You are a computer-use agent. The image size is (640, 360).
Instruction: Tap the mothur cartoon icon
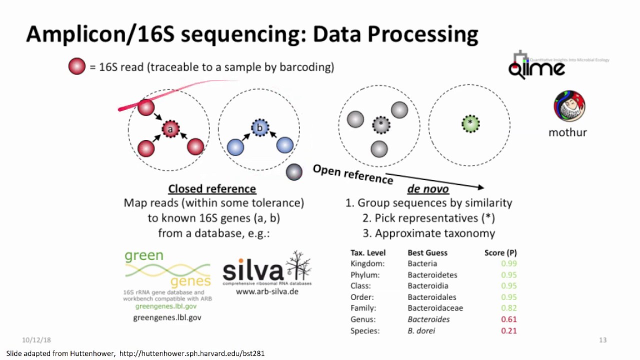(569, 106)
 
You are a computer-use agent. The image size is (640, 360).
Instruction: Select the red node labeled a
(170, 129)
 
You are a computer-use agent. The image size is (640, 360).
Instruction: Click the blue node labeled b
(259, 128)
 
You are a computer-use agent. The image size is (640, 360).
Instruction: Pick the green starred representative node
(470, 122)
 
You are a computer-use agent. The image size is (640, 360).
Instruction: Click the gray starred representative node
(381, 123)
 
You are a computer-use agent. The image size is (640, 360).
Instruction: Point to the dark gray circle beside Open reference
(294, 172)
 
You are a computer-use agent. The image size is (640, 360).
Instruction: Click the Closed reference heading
(212, 189)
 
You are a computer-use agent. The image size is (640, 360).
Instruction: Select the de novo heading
(427, 189)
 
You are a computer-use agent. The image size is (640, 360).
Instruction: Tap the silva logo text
(253, 271)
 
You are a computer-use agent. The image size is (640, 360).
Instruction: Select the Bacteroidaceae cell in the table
(435, 308)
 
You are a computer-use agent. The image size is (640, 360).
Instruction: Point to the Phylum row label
(365, 275)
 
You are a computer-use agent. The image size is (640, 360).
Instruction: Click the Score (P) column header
(500, 252)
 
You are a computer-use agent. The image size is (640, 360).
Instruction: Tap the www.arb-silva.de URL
(267, 291)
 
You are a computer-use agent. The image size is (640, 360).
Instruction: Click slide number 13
(602, 340)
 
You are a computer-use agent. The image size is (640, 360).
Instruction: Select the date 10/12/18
(36, 340)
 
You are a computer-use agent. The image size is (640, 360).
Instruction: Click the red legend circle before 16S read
(77, 66)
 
